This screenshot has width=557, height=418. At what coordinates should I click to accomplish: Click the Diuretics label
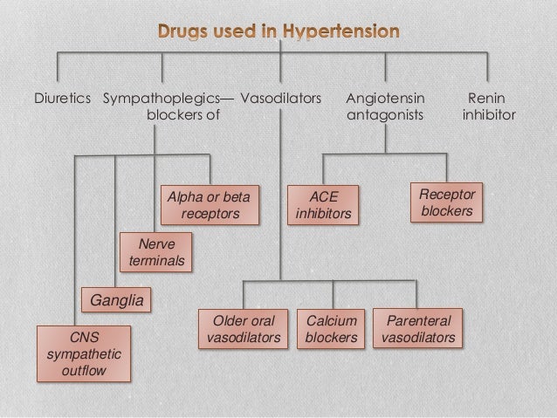(62, 98)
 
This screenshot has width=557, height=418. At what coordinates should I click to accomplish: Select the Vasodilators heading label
(280, 98)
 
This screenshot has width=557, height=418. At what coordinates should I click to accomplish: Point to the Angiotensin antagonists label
(385, 106)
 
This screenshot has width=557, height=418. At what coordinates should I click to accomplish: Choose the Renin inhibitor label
(487, 106)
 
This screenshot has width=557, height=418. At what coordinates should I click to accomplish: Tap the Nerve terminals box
(156, 252)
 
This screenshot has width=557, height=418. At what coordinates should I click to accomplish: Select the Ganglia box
(115, 301)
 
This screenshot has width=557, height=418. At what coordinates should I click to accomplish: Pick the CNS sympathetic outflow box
(84, 353)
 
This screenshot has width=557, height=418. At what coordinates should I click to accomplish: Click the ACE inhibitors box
(324, 204)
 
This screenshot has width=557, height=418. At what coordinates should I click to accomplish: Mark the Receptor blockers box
(447, 202)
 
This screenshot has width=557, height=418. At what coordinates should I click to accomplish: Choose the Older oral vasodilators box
(244, 329)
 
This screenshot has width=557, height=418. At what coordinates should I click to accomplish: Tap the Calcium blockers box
(332, 329)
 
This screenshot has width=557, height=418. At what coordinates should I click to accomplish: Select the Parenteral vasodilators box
(418, 329)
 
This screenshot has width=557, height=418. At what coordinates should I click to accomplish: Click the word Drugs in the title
(186, 33)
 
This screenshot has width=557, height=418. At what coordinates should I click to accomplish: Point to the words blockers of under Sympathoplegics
(183, 114)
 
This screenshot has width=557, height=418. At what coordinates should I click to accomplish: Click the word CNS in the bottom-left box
(84, 336)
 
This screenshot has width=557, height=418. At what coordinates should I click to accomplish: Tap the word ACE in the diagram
(324, 196)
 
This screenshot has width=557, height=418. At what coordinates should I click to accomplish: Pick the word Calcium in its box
(332, 321)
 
